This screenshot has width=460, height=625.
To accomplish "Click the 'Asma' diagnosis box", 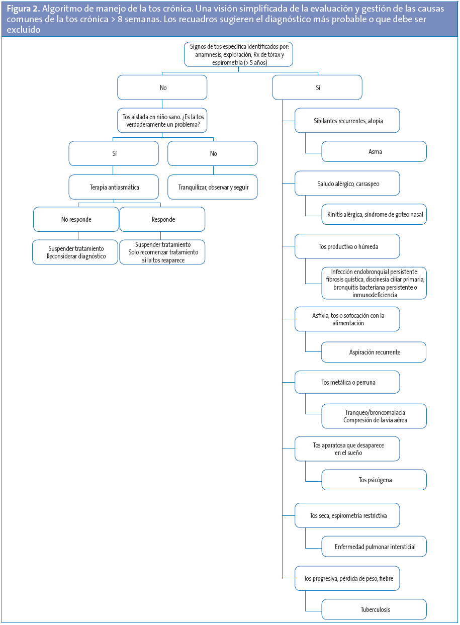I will click(374, 151).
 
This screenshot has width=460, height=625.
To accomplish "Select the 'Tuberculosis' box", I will click(374, 609).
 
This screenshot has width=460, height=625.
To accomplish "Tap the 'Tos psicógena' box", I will click(374, 480).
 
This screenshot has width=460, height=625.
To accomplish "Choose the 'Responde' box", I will click(162, 219).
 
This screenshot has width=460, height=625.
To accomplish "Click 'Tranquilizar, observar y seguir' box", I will click(212, 187).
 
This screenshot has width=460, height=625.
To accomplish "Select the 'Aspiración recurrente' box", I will click(374, 352).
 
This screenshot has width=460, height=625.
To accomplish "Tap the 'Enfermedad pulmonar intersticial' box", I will click(374, 547).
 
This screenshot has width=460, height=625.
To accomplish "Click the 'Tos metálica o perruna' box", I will click(347, 382).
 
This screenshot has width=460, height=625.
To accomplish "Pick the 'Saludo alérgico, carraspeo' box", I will click(347, 184).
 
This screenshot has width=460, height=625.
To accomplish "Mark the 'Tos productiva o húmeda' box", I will click(347, 246).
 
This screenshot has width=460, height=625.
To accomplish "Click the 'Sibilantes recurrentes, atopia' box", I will click(347, 121).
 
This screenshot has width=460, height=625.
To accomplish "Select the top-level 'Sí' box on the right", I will click(317, 87).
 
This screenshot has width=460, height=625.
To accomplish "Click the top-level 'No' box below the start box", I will click(162, 87).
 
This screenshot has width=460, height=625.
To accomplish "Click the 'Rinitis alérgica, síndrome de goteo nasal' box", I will click(374, 214).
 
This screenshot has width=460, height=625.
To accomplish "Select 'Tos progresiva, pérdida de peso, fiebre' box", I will click(347, 579).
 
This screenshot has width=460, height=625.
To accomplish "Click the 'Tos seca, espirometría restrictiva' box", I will click(347, 516).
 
